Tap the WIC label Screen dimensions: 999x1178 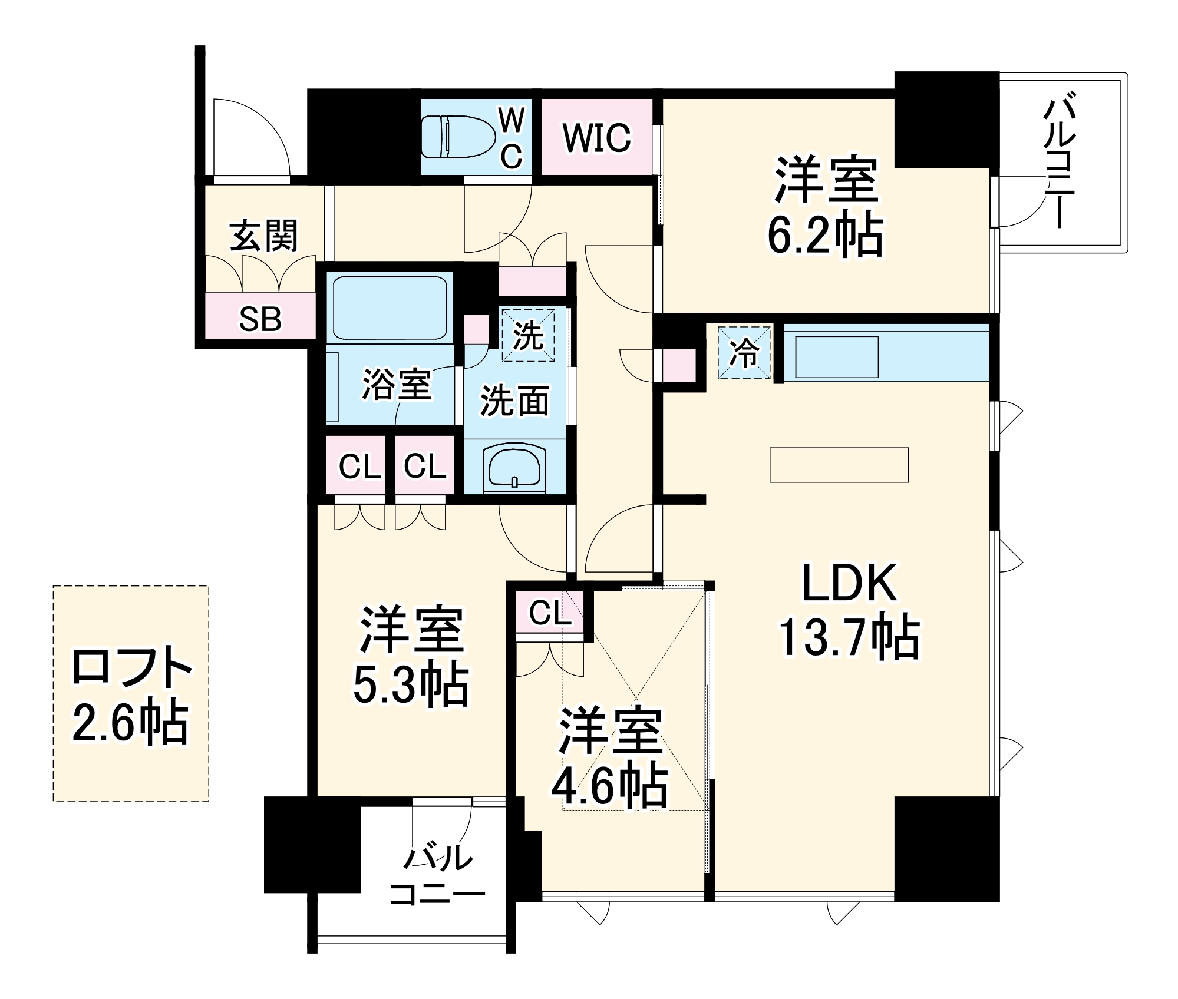click(x=596, y=138)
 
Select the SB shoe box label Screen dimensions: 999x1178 click(x=260, y=319)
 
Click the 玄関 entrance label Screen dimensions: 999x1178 click(x=263, y=236)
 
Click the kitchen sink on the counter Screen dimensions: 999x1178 click(x=837, y=357)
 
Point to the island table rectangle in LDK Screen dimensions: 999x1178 click(x=839, y=465)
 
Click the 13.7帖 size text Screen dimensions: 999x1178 click(x=849, y=637)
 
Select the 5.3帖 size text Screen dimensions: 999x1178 click(x=411, y=685)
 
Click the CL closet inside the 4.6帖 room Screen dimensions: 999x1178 click(x=549, y=613)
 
